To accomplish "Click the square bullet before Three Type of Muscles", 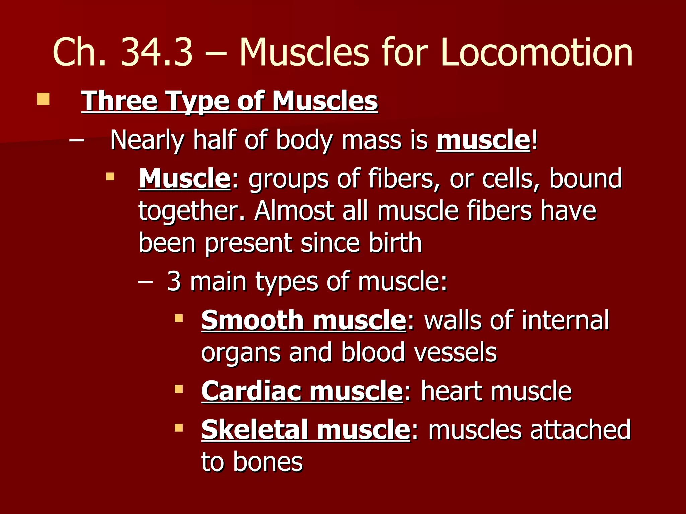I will pyautogui.click(x=43, y=99).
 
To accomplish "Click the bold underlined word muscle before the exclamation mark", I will pyautogui.click(x=483, y=140).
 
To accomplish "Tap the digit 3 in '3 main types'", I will pyautogui.click(x=174, y=282).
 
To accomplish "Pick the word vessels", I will pyautogui.click(x=456, y=353).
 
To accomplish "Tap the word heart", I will pyautogui.click(x=452, y=391).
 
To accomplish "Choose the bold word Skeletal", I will pyautogui.click(x=254, y=430).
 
